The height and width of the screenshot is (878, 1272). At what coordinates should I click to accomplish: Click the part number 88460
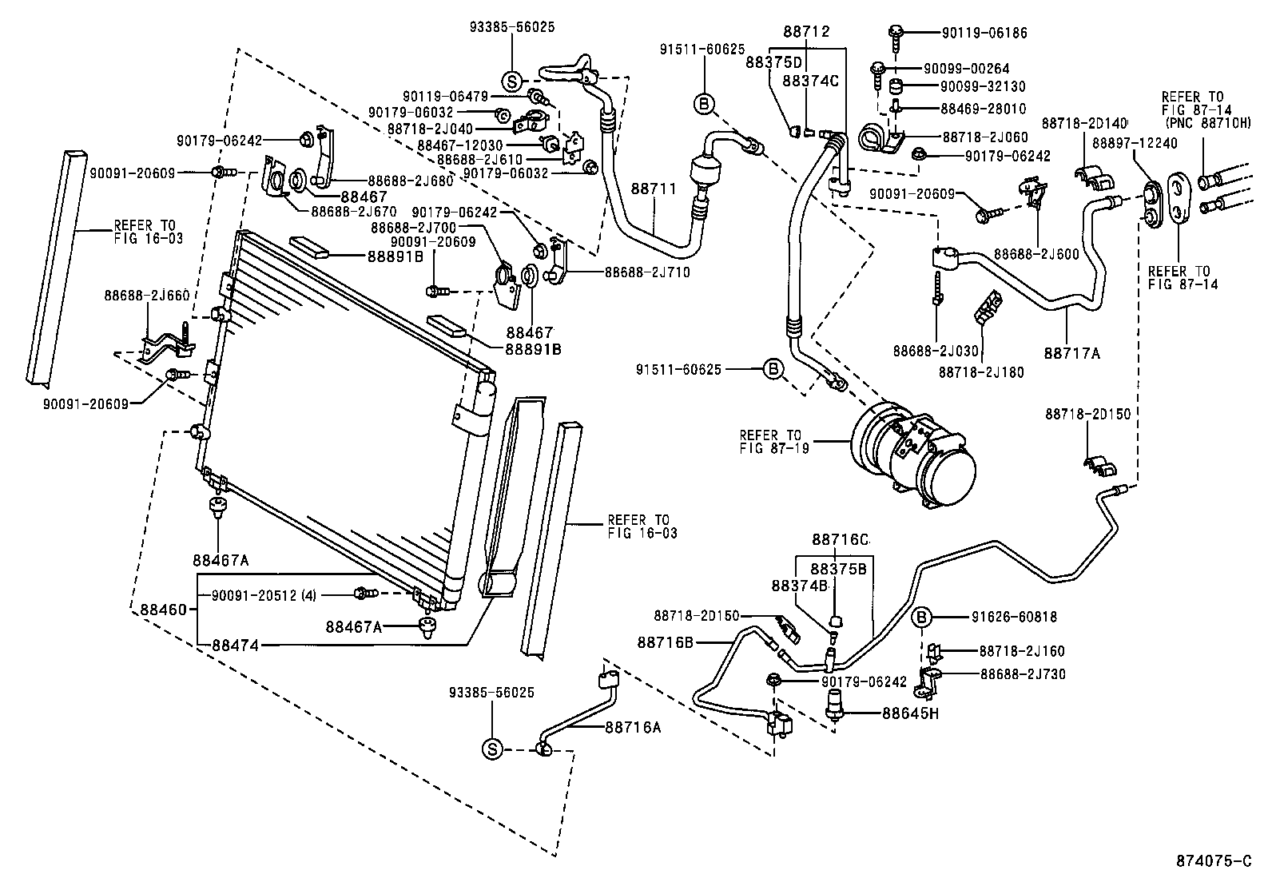pos(163,610)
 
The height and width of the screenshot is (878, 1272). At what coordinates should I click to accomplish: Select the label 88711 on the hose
pos(654,189)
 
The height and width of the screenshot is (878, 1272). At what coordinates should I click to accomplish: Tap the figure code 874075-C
pos(1212,860)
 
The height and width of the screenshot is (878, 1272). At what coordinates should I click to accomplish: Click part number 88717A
pos(1072,352)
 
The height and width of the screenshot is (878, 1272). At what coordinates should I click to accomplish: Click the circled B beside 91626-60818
pos(921,617)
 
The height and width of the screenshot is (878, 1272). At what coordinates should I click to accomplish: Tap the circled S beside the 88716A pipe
pos(492,749)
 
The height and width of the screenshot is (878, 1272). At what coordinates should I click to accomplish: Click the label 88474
pos(235,645)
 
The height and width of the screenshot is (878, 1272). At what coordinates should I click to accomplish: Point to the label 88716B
pos(665,642)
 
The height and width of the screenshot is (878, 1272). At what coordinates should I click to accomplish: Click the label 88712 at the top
pos(806,32)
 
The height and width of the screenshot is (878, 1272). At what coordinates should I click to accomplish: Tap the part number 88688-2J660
pos(146,295)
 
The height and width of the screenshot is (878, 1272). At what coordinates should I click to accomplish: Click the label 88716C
pos(841,540)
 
